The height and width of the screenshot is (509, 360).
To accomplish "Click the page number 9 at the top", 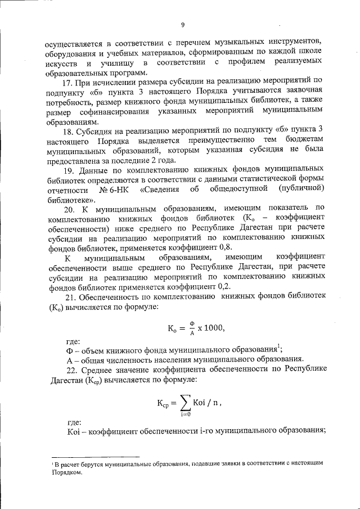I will click(183, 24).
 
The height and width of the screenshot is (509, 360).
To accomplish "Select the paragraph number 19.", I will click(70, 168).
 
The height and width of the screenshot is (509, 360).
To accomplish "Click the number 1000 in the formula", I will click(214, 328).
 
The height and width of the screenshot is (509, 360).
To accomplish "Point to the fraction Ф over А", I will click(191, 328).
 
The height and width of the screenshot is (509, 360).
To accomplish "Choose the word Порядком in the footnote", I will click(67, 473).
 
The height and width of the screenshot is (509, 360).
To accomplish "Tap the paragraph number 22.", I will click(70, 370).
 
